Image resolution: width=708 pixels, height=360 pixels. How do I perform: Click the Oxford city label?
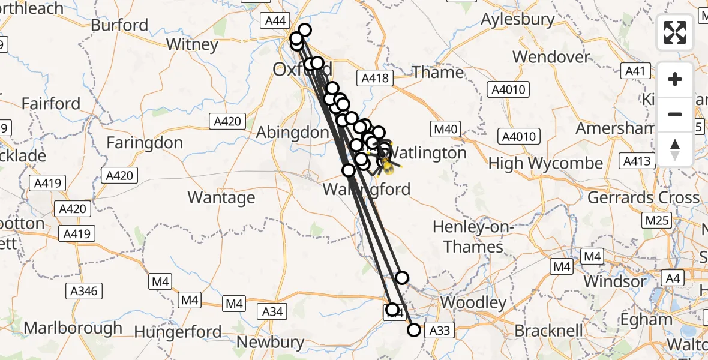(x=293, y=70)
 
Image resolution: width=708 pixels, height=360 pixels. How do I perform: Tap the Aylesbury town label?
(x=518, y=19)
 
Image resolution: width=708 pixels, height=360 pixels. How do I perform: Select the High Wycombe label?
(x=545, y=163)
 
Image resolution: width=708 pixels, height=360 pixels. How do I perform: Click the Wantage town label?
(x=221, y=197)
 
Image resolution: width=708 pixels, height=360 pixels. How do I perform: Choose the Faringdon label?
(x=145, y=143)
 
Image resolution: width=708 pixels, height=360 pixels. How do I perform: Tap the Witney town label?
(x=192, y=44)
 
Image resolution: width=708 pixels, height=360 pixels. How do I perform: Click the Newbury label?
(x=270, y=343)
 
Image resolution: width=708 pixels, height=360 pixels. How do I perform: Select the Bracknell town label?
(x=549, y=331)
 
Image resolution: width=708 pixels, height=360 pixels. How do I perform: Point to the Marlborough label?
(x=73, y=329)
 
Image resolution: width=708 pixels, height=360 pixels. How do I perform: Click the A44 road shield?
(x=275, y=20)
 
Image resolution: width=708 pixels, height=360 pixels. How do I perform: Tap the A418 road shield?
(x=375, y=78)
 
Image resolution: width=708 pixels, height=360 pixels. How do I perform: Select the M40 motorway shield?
(x=445, y=128)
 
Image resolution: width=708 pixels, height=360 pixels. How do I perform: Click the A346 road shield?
(x=83, y=291)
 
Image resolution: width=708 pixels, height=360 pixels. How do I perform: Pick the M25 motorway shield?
(x=657, y=221)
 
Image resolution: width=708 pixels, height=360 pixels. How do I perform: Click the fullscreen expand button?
(x=675, y=32)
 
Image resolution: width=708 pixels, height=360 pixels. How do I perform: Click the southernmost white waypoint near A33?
(x=413, y=329)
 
